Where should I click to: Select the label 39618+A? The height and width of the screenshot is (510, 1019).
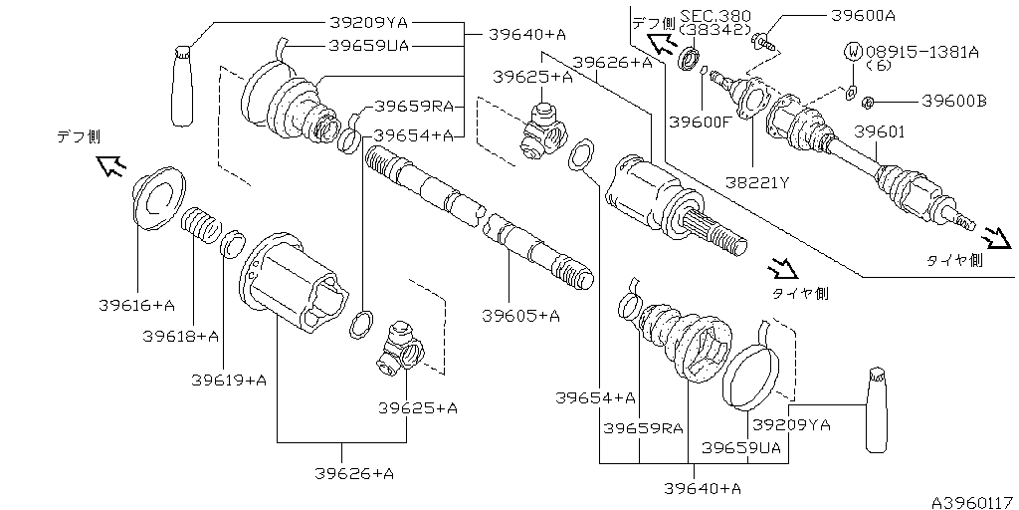click(180, 336)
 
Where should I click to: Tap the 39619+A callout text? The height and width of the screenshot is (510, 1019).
click(230, 380)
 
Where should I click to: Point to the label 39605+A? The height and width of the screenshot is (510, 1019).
click(520, 316)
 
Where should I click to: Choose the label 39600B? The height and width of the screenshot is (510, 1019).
click(953, 101)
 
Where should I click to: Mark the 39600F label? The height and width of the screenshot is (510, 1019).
click(700, 123)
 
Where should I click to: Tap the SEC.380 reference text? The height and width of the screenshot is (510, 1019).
click(716, 17)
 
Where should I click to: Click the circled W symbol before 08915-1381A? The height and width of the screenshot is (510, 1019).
click(854, 50)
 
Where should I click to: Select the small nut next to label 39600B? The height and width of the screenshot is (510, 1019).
click(868, 101)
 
